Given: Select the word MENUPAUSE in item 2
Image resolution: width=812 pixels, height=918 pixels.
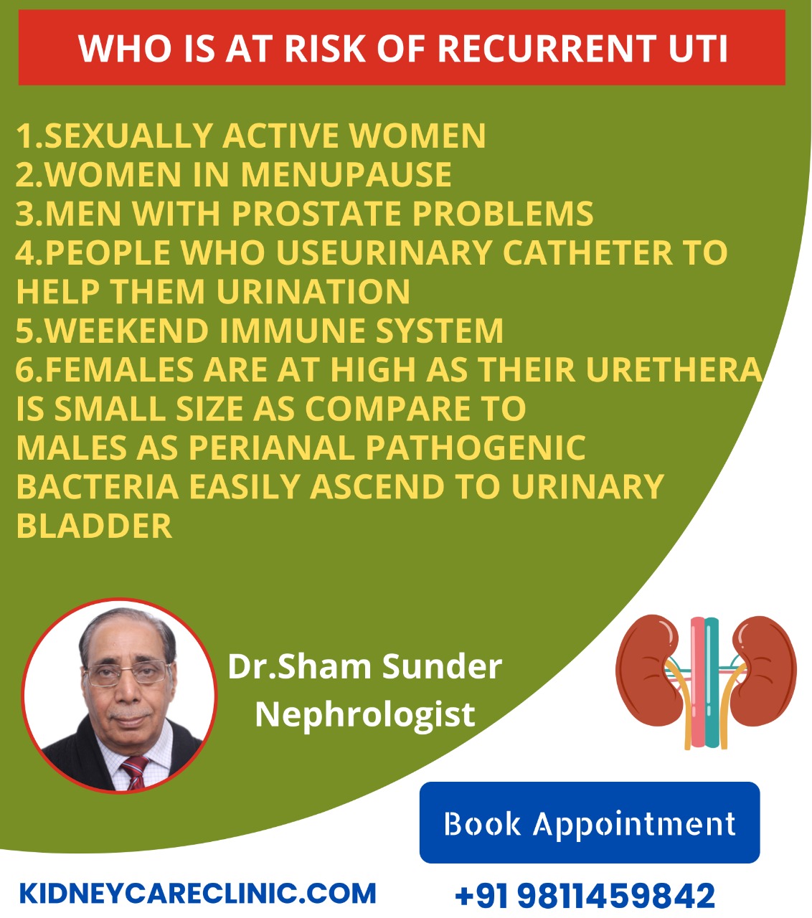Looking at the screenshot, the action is click(x=346, y=174).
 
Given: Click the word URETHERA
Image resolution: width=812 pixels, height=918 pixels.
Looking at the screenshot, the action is click(x=674, y=369).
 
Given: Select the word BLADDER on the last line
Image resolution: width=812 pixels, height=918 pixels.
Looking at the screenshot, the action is click(x=94, y=526).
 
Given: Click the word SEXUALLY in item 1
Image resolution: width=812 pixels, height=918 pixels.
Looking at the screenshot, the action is click(x=128, y=136).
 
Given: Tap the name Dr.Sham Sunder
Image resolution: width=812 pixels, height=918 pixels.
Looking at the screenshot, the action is click(x=365, y=666).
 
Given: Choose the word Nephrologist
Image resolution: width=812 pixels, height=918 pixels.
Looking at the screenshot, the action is click(x=365, y=714).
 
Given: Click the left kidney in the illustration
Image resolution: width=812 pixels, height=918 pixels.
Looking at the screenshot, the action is click(x=649, y=671).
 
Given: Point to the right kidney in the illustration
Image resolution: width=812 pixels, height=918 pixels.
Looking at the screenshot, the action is click(x=763, y=671).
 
